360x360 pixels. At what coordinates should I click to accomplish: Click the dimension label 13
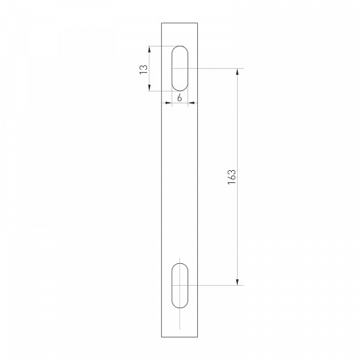pyautogui.click(x=143, y=69)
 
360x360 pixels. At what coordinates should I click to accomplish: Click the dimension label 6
pyautogui.click(x=179, y=97)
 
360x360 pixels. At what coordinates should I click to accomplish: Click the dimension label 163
pyautogui.click(x=232, y=177)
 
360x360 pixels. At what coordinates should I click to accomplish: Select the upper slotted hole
pyautogui.click(x=180, y=68)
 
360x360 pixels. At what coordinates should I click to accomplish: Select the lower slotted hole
pyautogui.click(x=180, y=286)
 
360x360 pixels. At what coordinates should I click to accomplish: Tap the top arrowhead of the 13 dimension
pyautogui.click(x=149, y=49)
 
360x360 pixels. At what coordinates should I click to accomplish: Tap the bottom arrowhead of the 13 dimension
pyautogui.click(x=149, y=88)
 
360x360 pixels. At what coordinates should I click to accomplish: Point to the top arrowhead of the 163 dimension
pyautogui.click(x=237, y=72)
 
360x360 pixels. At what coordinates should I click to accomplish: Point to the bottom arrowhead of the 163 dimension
pyautogui.click(x=237, y=282)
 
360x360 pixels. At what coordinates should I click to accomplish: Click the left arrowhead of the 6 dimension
pyautogui.click(x=169, y=103)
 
